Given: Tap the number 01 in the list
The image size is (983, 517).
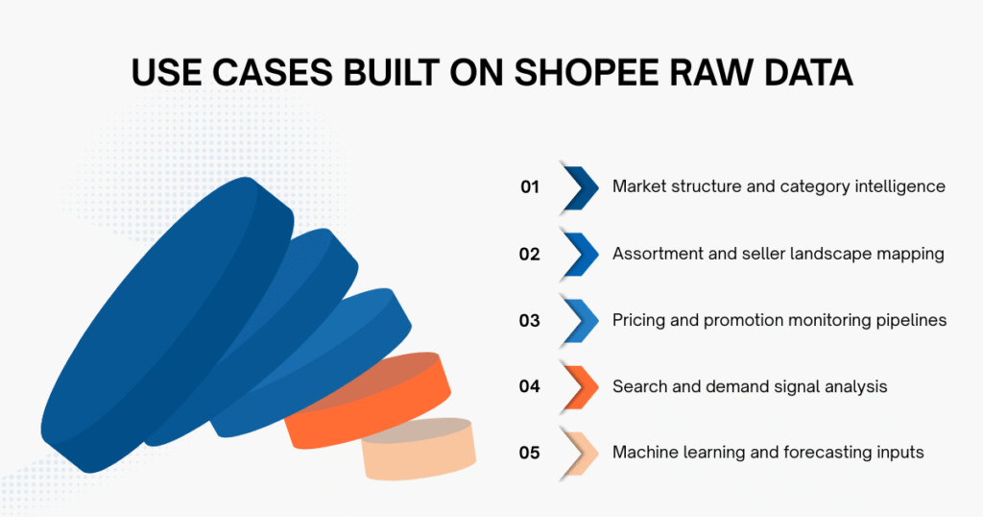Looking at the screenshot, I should click(x=530, y=187).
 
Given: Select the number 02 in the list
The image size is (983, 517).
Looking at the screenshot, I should click(x=530, y=254).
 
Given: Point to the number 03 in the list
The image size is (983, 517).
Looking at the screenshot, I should click(x=530, y=320).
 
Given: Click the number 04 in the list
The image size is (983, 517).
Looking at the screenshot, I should click(x=530, y=386).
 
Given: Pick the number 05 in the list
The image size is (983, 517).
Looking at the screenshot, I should click(x=530, y=452).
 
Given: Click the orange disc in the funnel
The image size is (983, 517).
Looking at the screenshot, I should click(x=374, y=399).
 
